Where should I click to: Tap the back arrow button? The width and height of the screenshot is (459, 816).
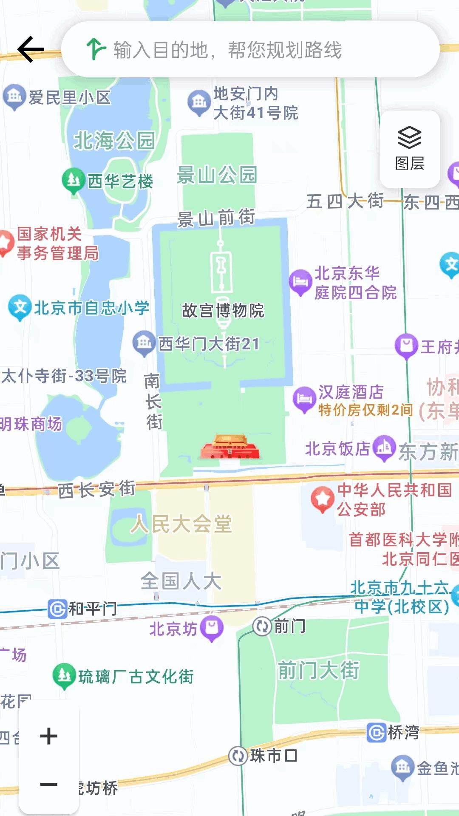[x=31, y=49]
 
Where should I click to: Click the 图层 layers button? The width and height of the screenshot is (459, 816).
[x=410, y=149]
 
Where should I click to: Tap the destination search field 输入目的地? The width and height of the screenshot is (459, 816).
[x=251, y=50]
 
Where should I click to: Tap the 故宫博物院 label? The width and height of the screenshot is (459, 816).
[x=223, y=311]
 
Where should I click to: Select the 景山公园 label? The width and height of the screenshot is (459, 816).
[x=217, y=175]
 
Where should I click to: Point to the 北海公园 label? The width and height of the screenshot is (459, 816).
[x=114, y=141]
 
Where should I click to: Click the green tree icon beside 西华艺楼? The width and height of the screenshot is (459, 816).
[x=73, y=180]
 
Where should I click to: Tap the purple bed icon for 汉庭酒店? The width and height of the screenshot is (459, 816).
[x=303, y=399]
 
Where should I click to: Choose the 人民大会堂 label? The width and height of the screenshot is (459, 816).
[x=181, y=524]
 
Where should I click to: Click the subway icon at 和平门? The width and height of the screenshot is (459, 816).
[x=57, y=609]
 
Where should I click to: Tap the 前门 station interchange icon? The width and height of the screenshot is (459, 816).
[x=262, y=626]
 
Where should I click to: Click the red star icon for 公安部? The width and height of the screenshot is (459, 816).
[x=323, y=499]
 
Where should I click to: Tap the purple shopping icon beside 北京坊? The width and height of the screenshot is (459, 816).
[x=212, y=628]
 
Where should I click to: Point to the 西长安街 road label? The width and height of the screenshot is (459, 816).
[x=96, y=489]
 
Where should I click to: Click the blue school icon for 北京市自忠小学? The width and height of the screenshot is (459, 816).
[x=20, y=307]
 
